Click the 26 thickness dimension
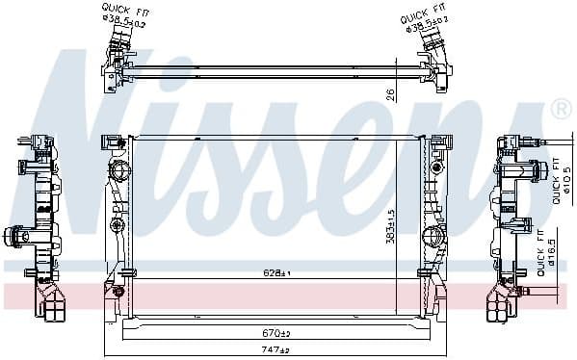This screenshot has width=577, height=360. [x=389, y=92]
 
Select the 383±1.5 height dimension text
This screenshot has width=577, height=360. [x=390, y=227]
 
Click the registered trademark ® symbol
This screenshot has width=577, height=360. [x=559, y=112]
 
